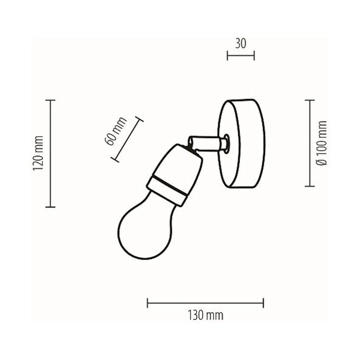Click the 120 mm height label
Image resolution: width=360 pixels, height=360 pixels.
[39, 154]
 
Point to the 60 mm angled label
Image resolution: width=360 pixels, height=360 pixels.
[115, 130]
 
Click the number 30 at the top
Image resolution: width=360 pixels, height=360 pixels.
[241, 44]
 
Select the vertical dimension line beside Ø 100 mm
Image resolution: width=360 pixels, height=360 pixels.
[310, 143]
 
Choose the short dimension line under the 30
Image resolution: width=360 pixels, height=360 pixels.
[241, 56]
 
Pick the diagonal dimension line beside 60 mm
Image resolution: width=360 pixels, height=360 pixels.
[128, 139]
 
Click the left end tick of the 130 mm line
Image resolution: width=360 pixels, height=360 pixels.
[148, 302]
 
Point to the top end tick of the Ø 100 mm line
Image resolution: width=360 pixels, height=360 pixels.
[310, 100]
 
